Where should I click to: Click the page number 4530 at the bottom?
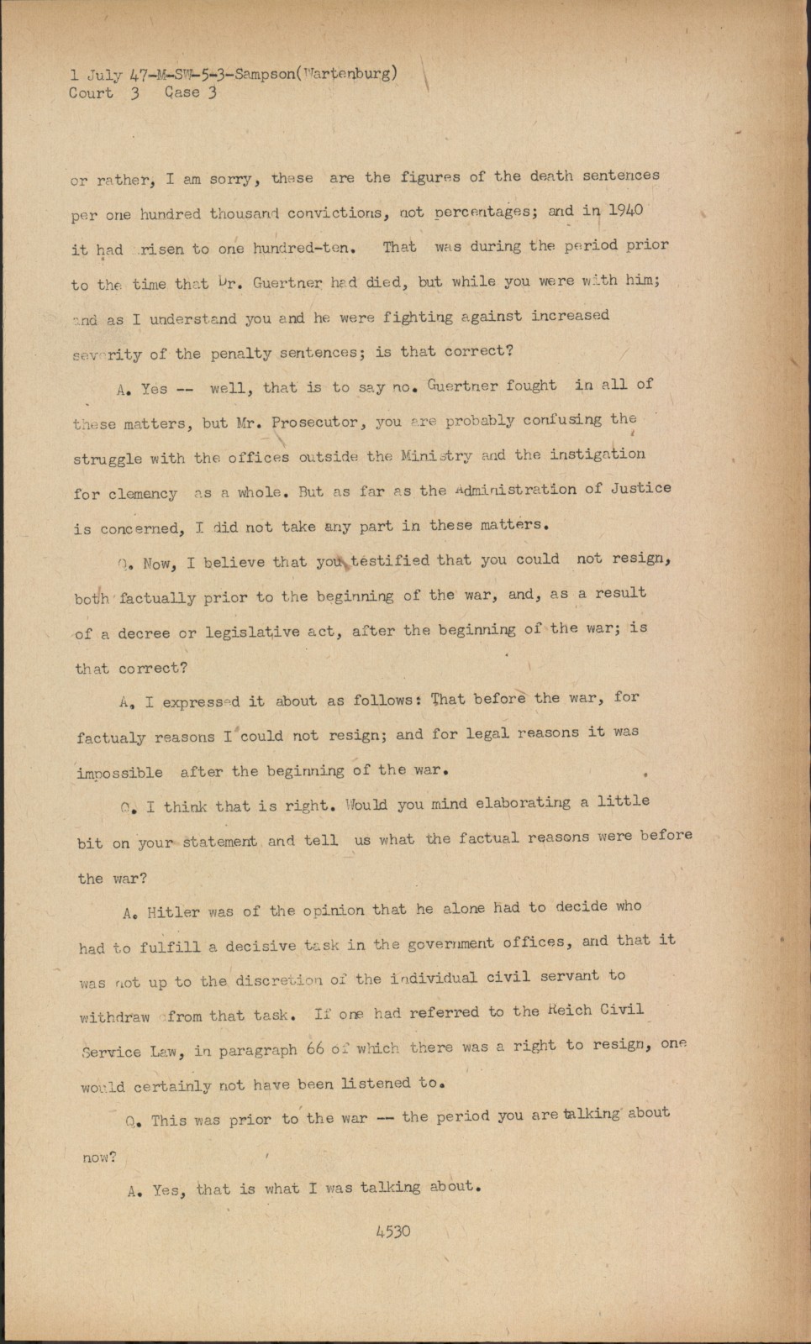[x=393, y=1231]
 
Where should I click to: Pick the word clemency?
[x=125, y=494]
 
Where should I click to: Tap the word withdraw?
[x=114, y=1016]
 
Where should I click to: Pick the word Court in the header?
[x=91, y=92]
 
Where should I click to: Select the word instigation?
[x=598, y=454]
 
